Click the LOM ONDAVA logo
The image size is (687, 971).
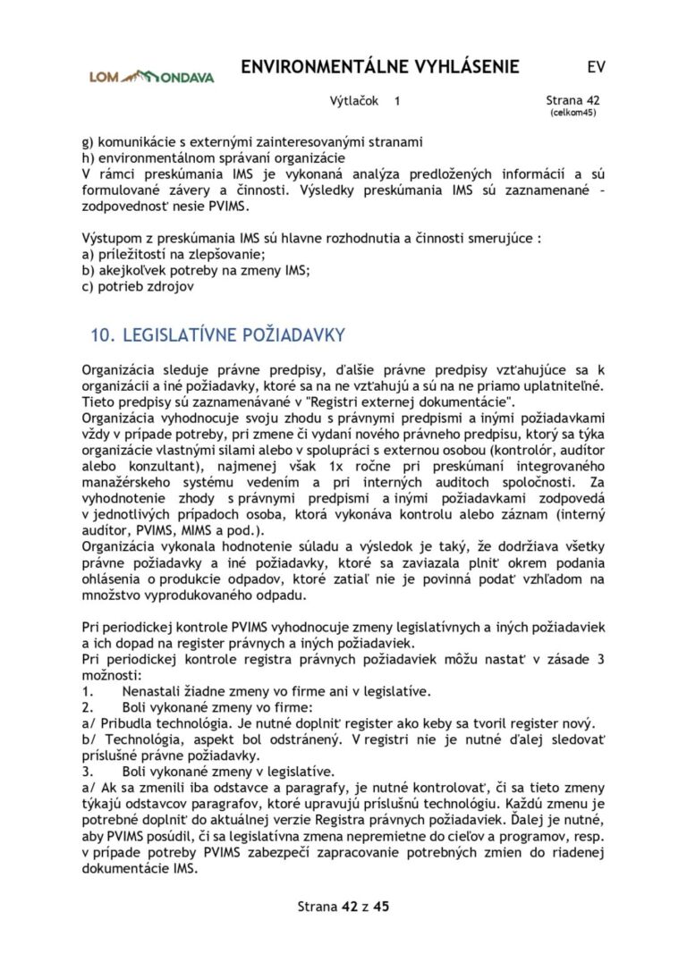point(151,76)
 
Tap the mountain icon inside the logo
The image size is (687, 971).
point(142,75)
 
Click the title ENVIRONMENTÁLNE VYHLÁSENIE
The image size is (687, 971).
point(380,67)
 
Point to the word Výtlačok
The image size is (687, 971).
point(354,102)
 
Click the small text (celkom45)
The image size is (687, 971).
point(573,114)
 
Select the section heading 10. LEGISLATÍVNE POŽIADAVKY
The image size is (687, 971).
point(217,335)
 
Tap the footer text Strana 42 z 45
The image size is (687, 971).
point(343,907)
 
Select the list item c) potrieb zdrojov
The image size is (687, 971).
point(138,287)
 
